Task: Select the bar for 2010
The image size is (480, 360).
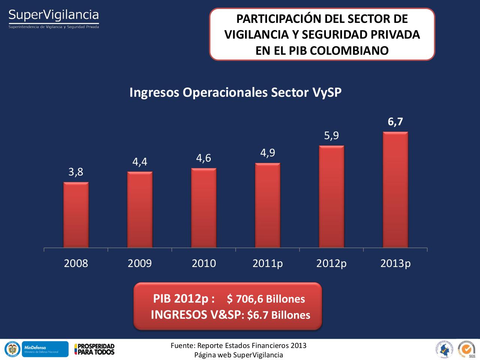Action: tap(204, 208)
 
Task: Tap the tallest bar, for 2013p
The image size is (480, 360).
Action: tap(395, 190)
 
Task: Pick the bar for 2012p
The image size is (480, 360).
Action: tap(331, 196)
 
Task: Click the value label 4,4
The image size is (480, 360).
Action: tap(139, 162)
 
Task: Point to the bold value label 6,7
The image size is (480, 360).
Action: tap(395, 121)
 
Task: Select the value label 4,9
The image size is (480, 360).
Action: tap(268, 153)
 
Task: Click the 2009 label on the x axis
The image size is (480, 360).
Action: tap(139, 263)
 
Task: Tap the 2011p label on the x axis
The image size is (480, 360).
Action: tap(267, 263)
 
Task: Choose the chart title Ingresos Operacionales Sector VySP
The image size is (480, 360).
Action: tap(235, 92)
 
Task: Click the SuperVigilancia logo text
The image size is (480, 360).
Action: tap(54, 15)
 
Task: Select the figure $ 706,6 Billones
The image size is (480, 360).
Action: tap(266, 299)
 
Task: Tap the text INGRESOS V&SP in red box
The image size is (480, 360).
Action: tap(195, 315)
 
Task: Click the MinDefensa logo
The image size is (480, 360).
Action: tap(45, 349)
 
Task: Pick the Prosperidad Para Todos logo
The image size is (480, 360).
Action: tap(94, 349)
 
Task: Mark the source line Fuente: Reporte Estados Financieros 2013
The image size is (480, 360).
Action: tap(238, 345)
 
